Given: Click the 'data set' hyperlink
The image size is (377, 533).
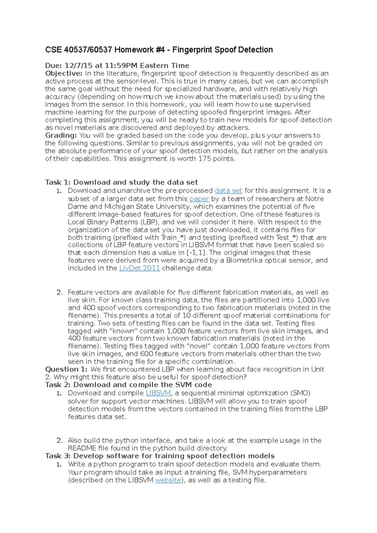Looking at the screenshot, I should pos(228,191).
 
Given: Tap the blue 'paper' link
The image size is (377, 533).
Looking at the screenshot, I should pos(199,199).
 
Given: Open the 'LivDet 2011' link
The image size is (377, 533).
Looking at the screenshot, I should pos(139,268).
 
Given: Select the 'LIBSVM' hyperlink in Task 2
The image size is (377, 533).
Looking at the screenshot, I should pos(158,393).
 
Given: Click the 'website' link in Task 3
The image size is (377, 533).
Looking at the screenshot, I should pos(168,480).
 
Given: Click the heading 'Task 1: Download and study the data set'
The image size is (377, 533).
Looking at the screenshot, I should pos(121,182).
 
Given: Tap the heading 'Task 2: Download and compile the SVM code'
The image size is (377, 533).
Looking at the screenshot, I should pos(128,385).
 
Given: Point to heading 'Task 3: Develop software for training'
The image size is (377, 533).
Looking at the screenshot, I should pos(160,456).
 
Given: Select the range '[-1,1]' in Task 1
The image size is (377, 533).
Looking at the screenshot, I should pos(196,253).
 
